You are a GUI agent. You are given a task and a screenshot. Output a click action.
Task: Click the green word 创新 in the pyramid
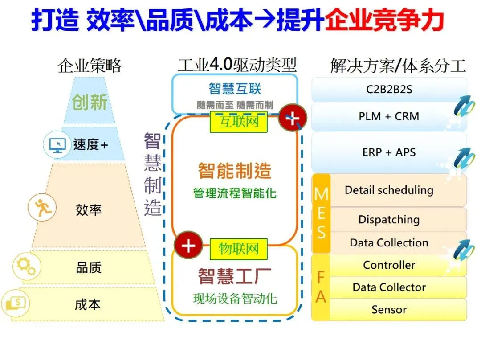[x=90, y=102]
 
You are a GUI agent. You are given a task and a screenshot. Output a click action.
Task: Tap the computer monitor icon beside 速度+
[x=57, y=144]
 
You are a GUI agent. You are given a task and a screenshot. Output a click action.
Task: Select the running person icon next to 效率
[x=42, y=208]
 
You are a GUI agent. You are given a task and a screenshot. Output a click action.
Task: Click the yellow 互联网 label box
[x=238, y=122]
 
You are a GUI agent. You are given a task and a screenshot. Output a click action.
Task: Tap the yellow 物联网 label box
[x=238, y=249]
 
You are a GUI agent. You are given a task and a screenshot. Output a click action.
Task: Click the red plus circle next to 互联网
[x=292, y=119]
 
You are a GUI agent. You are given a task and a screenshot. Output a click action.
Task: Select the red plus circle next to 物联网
[x=188, y=246]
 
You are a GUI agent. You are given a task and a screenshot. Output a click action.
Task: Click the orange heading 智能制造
[x=234, y=171]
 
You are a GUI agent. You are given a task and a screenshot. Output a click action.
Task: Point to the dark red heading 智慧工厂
[x=234, y=276]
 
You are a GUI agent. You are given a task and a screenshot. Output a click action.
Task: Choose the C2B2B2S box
[x=389, y=90]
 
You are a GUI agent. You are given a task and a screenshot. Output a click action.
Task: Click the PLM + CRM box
[x=389, y=116]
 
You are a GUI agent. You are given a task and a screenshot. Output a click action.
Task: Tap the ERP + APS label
[x=389, y=152]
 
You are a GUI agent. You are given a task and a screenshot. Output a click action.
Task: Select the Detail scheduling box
[x=389, y=190]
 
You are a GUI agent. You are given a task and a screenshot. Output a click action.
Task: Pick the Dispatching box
[x=389, y=220]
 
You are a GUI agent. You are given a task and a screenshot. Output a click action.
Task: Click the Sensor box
[x=389, y=310]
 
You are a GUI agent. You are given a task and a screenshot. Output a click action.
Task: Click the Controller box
[x=389, y=265]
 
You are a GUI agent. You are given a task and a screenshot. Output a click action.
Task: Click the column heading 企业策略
[x=90, y=66]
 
